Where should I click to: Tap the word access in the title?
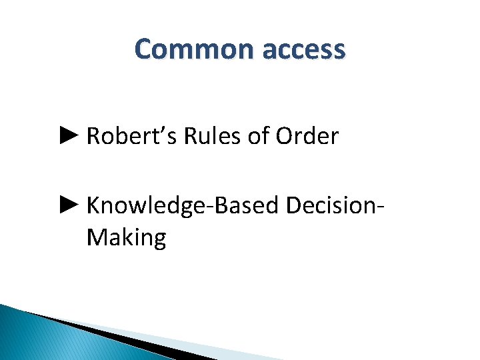click(304, 50)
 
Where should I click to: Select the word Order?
click(307, 137)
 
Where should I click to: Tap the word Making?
click(126, 238)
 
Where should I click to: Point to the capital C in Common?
click(144, 50)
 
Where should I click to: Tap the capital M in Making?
click(95, 237)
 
